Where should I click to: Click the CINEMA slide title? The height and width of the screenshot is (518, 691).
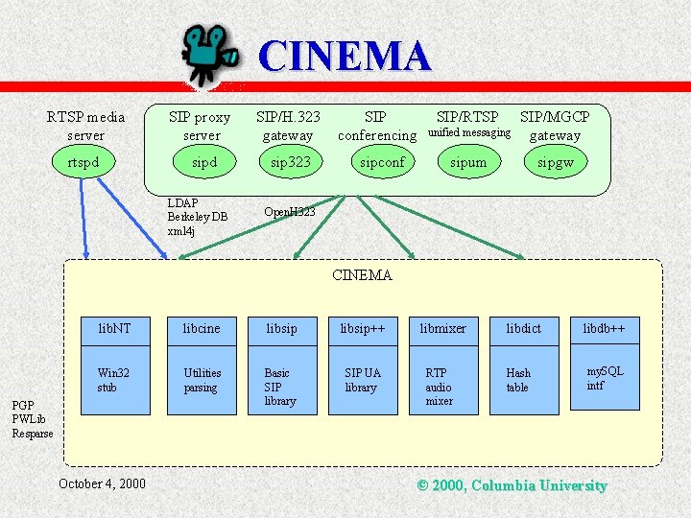tap(345, 57)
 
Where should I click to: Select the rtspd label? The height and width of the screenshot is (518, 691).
tap(83, 162)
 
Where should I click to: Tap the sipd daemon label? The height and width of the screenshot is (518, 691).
tap(203, 162)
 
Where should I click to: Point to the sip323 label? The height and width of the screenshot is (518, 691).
tap(290, 162)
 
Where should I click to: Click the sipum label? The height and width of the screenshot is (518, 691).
tap(468, 162)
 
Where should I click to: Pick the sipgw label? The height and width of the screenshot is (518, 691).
tap(555, 162)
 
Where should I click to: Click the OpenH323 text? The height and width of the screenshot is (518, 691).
tap(289, 211)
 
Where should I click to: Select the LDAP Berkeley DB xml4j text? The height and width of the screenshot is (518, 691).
tap(197, 217)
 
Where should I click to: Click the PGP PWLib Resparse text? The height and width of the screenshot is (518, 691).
tap(33, 419)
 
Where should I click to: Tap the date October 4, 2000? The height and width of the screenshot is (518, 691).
tap(102, 483)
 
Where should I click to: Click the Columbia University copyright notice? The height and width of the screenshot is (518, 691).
tap(512, 485)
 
